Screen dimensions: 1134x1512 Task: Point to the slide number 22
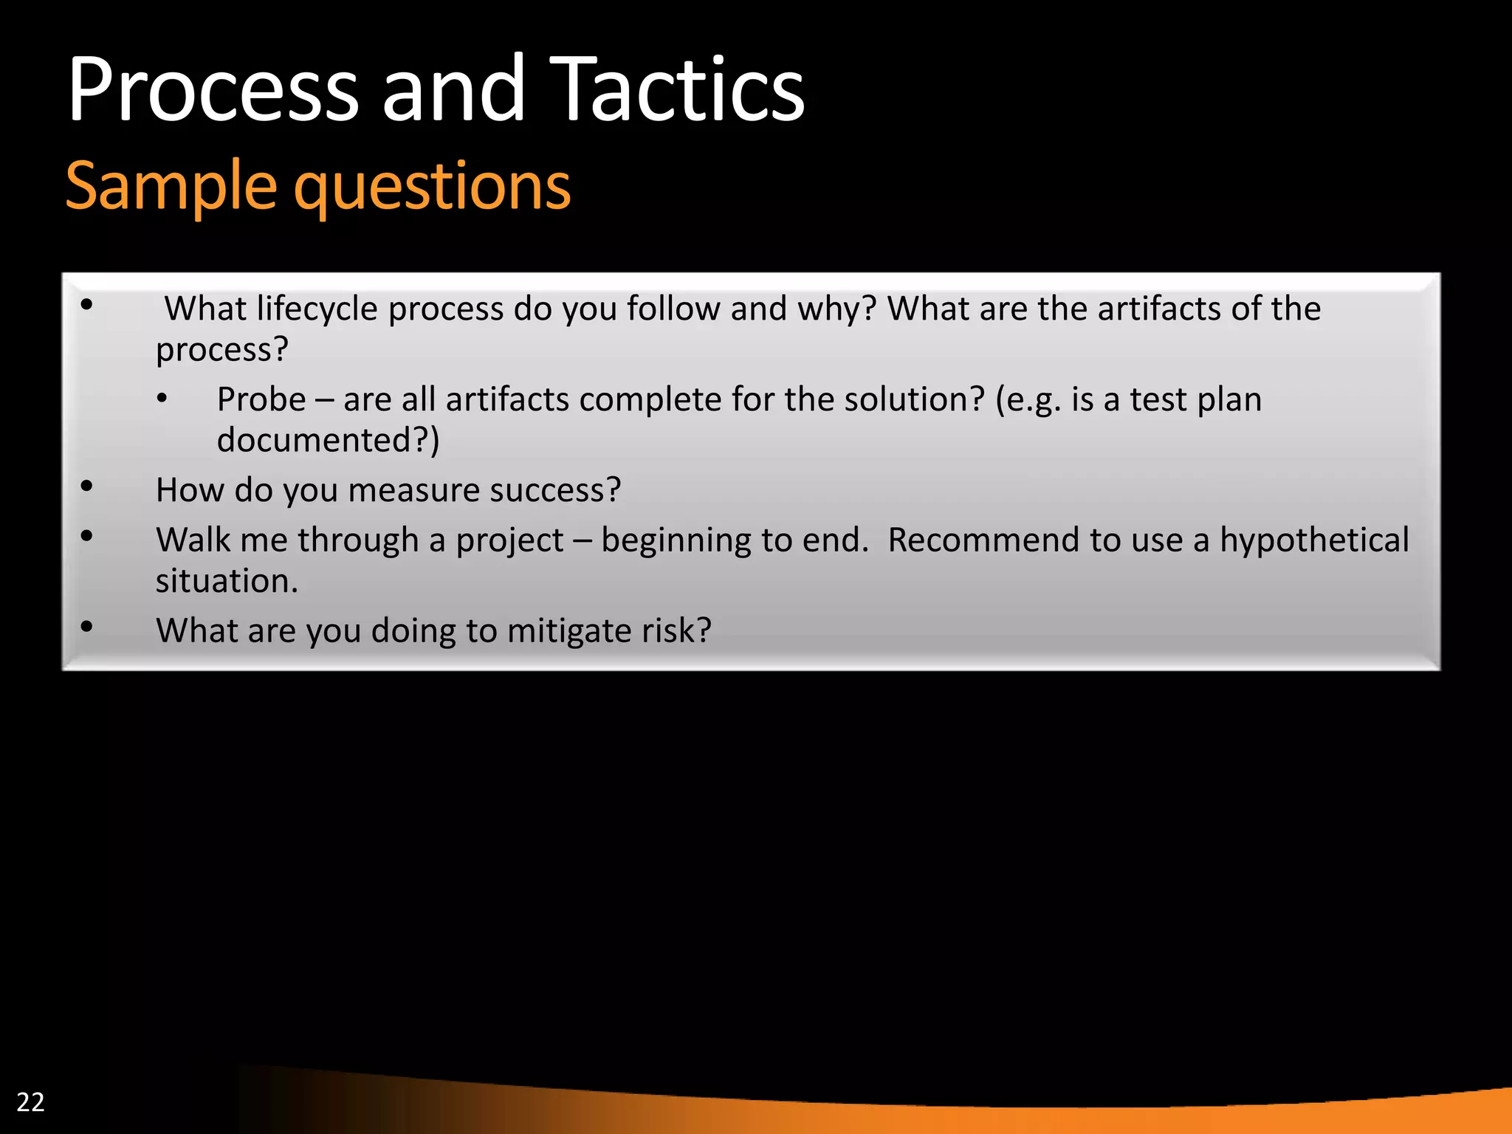coord(30,1102)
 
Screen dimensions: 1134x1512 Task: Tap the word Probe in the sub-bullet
coord(261,399)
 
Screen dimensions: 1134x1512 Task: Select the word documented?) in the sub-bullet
coord(328,441)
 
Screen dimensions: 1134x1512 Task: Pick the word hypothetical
coord(1314,540)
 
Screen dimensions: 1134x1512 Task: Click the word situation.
coord(227,581)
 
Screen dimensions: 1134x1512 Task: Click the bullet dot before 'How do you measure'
coord(87,487)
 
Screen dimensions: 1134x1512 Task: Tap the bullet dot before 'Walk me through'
coord(87,537)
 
